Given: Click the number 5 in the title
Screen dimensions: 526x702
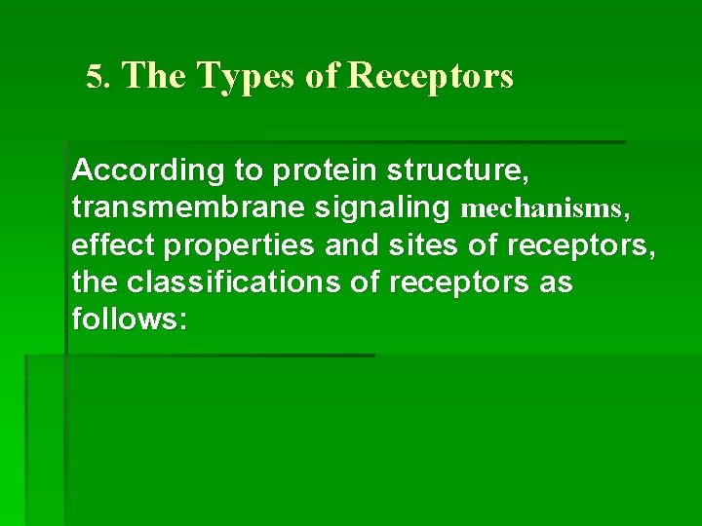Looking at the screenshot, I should tap(94, 77).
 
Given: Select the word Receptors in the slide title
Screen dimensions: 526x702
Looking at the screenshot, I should tap(430, 76).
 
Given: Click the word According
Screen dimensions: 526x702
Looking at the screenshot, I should tap(148, 170).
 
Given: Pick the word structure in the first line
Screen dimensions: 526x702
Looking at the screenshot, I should tap(457, 171).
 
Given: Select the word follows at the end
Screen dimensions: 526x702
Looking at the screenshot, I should tap(125, 320).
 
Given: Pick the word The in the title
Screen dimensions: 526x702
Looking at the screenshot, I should tap(155, 76).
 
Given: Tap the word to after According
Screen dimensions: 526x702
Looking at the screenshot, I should tap(248, 171).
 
